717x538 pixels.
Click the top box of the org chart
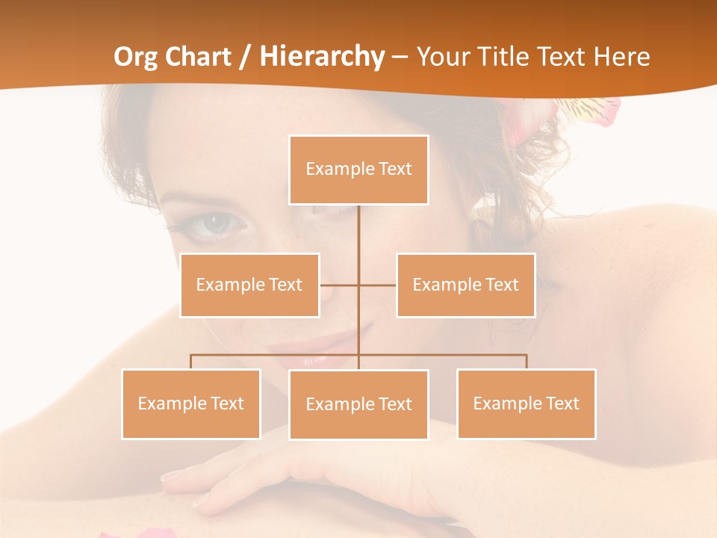358,170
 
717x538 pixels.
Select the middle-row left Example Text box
249,285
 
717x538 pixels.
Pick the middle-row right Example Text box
465,285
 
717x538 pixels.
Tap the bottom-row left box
191,403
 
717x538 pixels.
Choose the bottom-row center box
358,404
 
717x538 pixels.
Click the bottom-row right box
526,403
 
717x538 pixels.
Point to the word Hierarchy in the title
322,57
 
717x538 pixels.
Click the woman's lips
314,351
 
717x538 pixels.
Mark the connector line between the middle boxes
358,285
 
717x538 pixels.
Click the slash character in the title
243,57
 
